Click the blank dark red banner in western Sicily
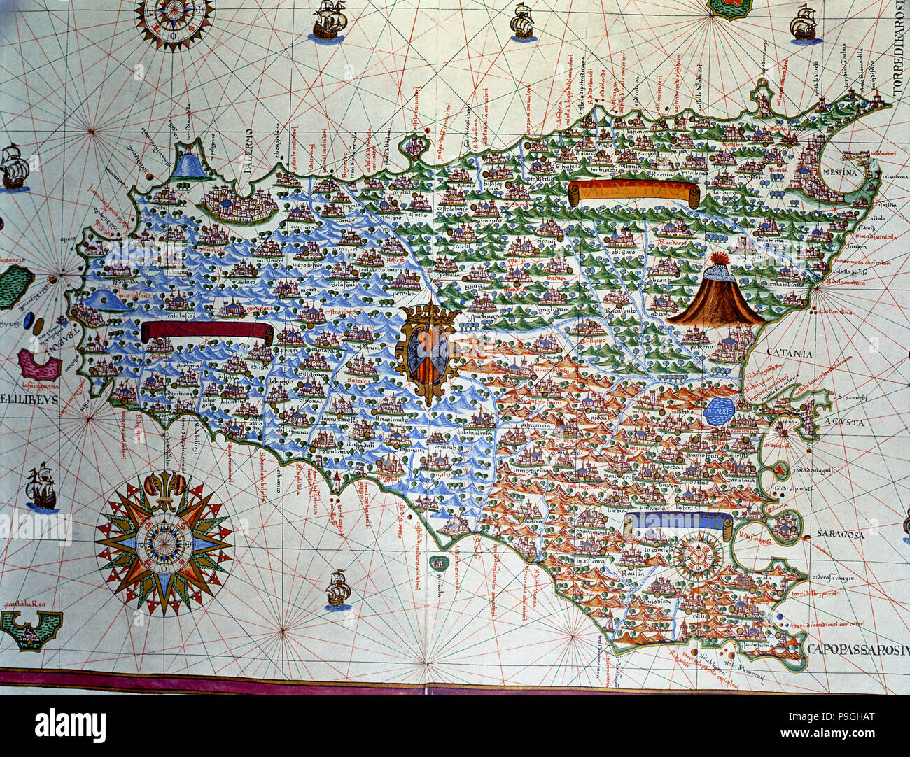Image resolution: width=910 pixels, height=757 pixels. coord(206,331)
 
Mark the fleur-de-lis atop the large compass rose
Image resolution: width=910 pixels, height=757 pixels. coord(163,483)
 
